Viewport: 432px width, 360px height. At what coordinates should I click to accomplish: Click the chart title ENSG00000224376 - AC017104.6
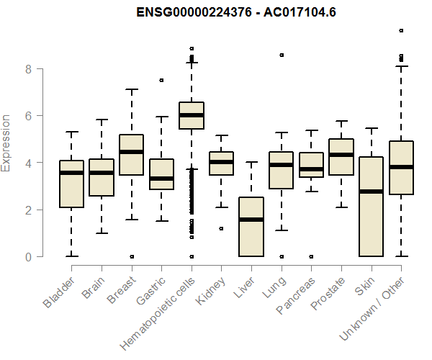point(215,12)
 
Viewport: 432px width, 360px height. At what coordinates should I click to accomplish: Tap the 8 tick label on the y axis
point(28,69)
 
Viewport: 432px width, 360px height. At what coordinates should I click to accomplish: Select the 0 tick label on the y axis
point(28,257)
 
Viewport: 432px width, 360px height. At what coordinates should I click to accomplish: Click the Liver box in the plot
point(251,227)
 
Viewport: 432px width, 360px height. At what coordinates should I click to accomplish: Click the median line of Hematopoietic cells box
point(192,115)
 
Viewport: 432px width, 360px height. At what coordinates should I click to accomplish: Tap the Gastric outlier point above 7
point(161,80)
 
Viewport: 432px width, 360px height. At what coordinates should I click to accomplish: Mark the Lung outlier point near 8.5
point(282,55)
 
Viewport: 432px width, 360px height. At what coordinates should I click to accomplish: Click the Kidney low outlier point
point(221,228)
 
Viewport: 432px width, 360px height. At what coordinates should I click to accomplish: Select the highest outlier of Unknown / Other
point(401,30)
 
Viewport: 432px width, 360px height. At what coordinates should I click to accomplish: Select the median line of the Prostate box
point(341,155)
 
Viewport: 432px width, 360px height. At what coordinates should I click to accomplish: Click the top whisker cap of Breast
point(132,89)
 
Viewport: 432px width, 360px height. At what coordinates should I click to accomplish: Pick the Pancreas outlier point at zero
point(311,256)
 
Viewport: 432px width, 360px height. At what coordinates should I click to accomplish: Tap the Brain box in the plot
point(102,177)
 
